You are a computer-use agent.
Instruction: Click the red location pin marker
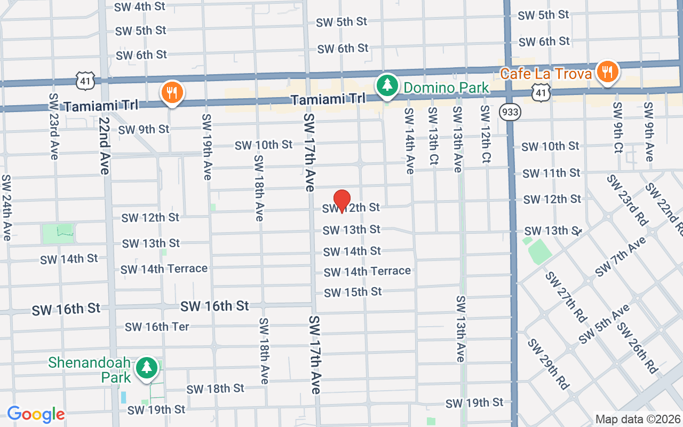pos(341,201)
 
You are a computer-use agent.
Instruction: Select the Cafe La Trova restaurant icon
pos(607,72)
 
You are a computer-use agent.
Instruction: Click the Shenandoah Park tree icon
pos(146,368)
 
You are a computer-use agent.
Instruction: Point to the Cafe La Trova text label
pos(546,74)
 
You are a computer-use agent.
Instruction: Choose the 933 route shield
pos(510,112)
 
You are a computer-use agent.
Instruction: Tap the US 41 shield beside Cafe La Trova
pos(541,92)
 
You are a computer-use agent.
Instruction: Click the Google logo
pos(36,414)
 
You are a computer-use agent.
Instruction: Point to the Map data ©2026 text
pos(638,420)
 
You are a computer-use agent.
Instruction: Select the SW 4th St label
pos(139,7)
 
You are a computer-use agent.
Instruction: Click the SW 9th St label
pos(144,129)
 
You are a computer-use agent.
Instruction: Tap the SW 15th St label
pos(353,292)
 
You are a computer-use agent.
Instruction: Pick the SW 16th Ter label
pos(157,327)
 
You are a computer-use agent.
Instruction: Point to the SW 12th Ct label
pos(486,134)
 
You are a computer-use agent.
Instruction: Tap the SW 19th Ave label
pos(207,147)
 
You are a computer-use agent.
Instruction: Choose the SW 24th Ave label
pos(6,207)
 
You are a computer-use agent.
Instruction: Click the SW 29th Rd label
pos(548,363)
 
